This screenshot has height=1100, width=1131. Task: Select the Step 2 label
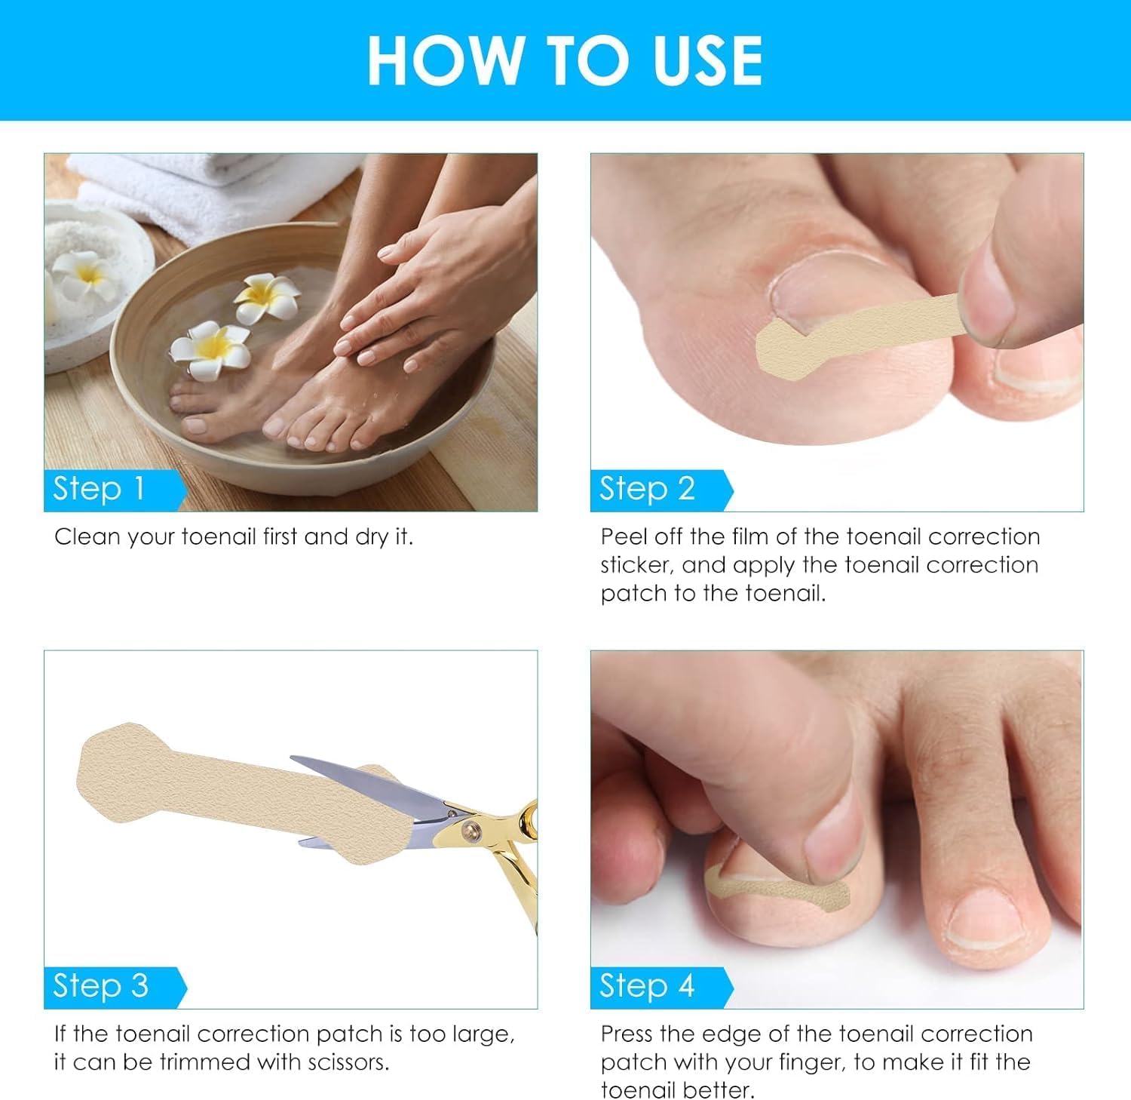click(647, 489)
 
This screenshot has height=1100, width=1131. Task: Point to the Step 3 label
click(100, 986)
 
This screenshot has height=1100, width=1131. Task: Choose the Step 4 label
click(647, 986)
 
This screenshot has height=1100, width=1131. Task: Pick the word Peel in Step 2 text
click(624, 537)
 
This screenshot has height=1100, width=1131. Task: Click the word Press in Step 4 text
click(628, 1034)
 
